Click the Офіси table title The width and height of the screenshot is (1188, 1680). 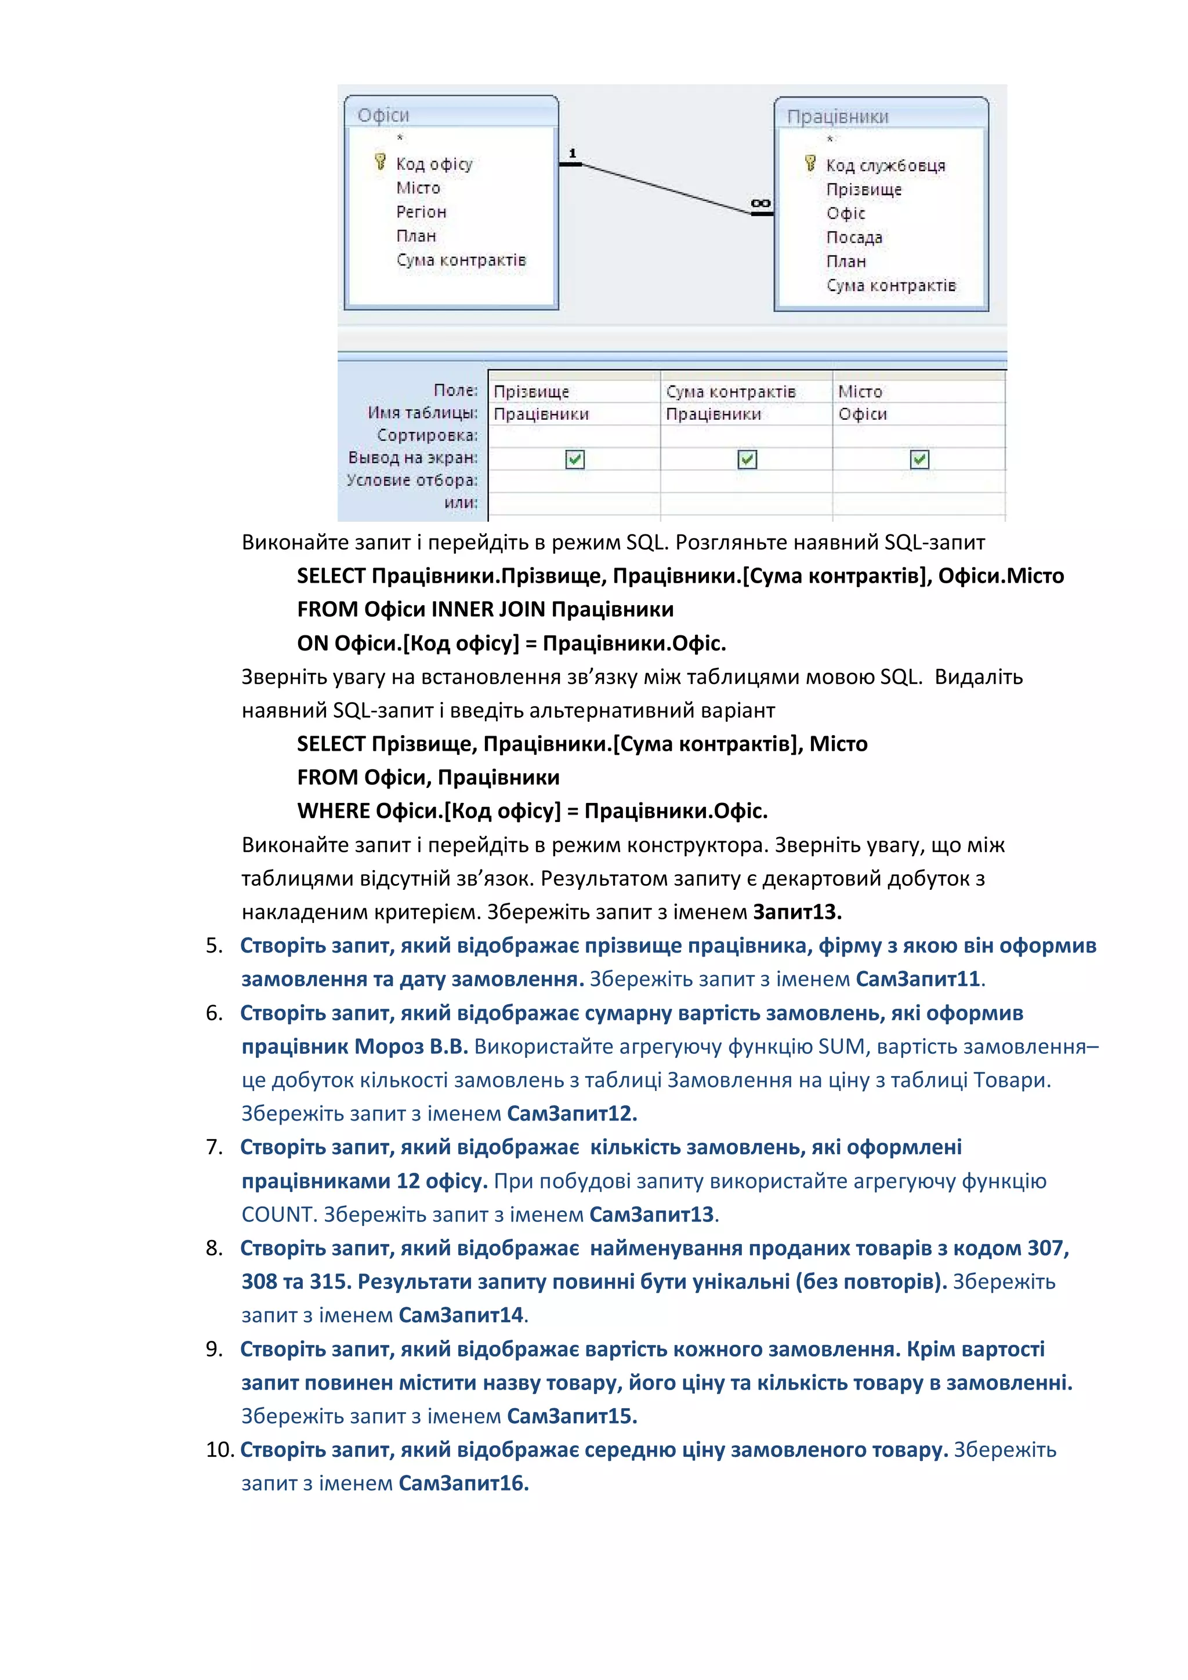coord(383,115)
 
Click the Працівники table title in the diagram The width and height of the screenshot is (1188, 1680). coord(838,117)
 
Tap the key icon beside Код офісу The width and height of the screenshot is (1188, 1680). coord(380,162)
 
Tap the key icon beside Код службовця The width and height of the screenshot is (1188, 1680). coord(810,163)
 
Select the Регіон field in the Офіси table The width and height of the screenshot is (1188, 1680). coord(421,212)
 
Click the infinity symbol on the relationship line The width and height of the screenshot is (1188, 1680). coord(760,203)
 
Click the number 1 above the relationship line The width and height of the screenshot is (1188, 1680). coord(573,153)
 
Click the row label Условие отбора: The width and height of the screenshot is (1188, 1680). coord(411,480)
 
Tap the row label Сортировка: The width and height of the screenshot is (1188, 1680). coord(427,435)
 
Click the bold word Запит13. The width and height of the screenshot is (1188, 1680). coord(797,912)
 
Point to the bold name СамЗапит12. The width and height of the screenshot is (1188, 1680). coord(571,1113)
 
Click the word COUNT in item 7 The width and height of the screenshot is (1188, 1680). coord(278,1214)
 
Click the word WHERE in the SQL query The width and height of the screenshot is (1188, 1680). coord(333,811)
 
